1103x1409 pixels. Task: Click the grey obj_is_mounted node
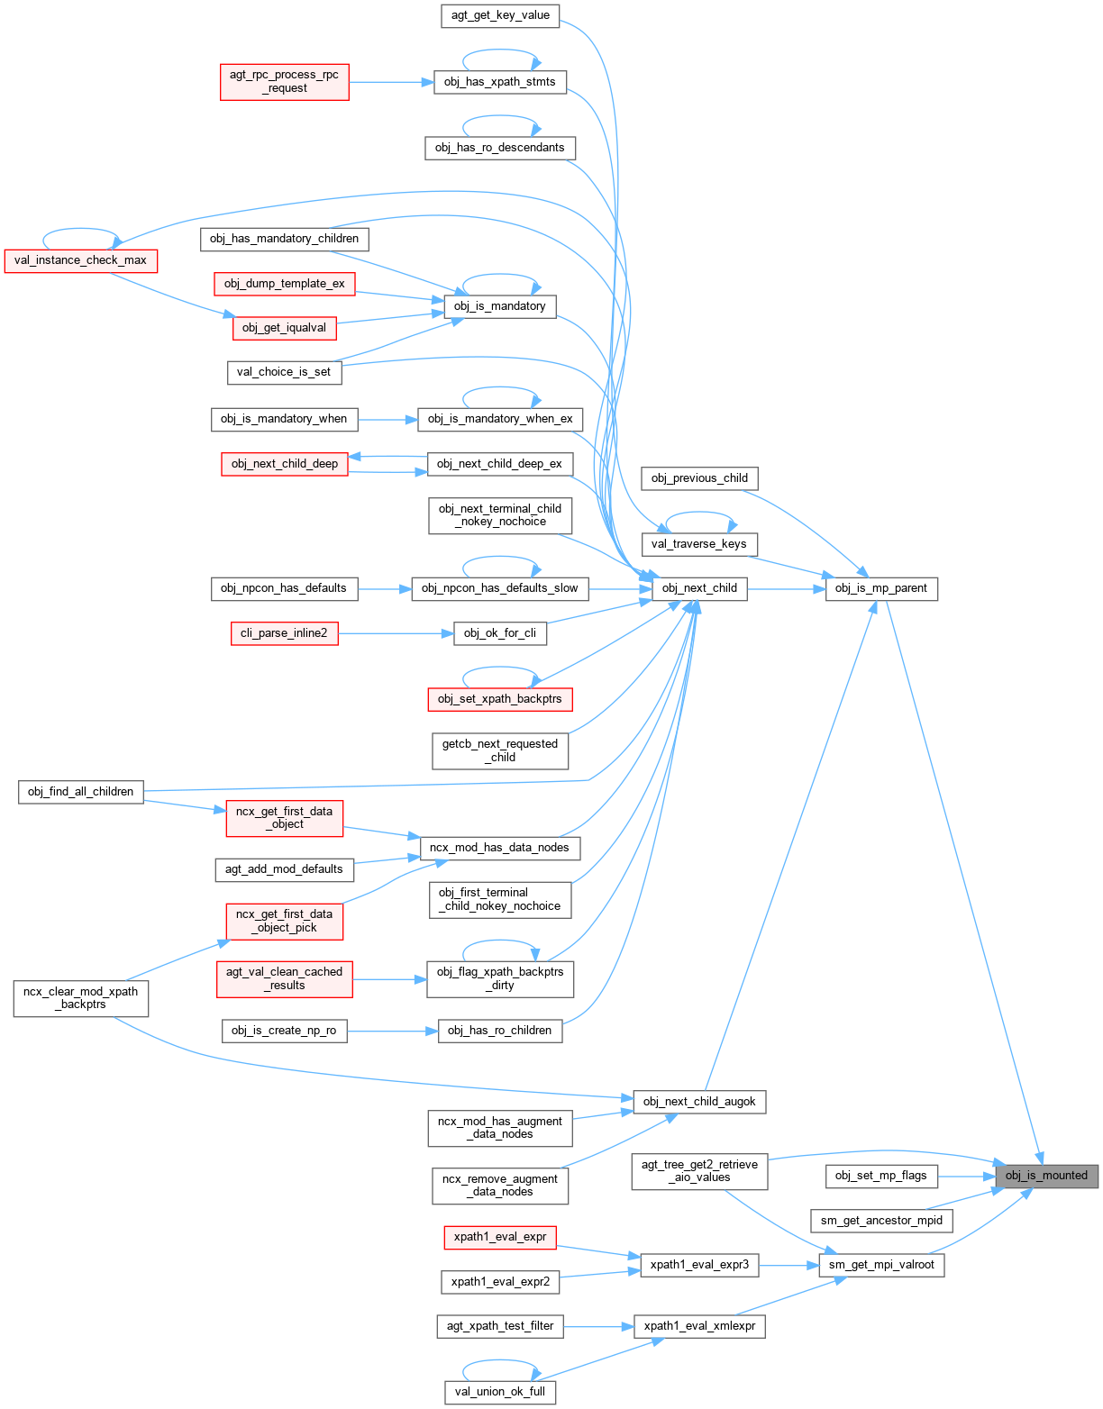pyautogui.click(x=1046, y=1176)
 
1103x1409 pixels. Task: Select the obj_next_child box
pyautogui.click(x=699, y=588)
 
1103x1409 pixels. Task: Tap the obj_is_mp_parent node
pyautogui.click(x=881, y=588)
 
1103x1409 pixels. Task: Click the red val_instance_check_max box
pyautogui.click(x=81, y=260)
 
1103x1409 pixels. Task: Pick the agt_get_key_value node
pyautogui.click(x=500, y=15)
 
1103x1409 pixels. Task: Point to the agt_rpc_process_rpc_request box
pyautogui.click(x=284, y=81)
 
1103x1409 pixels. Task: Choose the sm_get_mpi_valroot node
pyautogui.click(x=881, y=1265)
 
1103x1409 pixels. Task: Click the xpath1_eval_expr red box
pyautogui.click(x=499, y=1237)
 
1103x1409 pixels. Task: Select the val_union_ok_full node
pyautogui.click(x=500, y=1392)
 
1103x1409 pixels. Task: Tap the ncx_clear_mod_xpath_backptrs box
pyautogui.click(x=81, y=998)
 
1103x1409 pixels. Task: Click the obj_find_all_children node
pyautogui.click(x=81, y=792)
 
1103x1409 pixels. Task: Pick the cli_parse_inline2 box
pyautogui.click(x=284, y=633)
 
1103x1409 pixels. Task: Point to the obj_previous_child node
pyautogui.click(x=699, y=478)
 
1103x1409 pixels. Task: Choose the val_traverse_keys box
pyautogui.click(x=699, y=544)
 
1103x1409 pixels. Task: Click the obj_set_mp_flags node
pyautogui.click(x=881, y=1176)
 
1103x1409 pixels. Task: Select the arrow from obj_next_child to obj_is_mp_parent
pyautogui.click(x=786, y=589)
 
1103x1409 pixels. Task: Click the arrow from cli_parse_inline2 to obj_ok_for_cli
pyautogui.click(x=396, y=633)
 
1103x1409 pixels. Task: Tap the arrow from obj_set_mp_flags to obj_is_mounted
pyautogui.click(x=966, y=1176)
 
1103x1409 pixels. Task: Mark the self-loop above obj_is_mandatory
pyautogui.click(x=500, y=277)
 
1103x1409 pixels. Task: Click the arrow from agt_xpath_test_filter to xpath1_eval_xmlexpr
pyautogui.click(x=598, y=1326)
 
